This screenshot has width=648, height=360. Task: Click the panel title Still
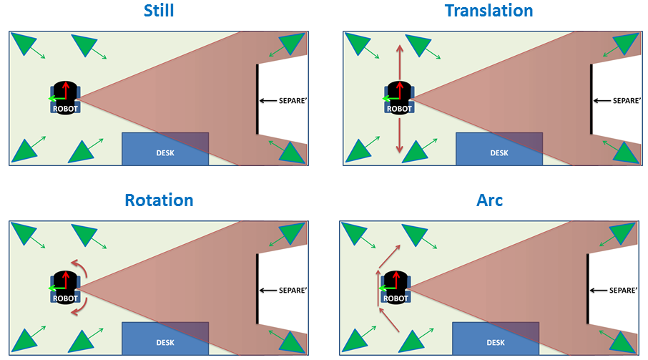click(159, 10)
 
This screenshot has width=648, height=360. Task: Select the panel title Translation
click(489, 10)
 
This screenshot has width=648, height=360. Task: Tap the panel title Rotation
click(159, 200)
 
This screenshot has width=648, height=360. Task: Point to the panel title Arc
click(490, 200)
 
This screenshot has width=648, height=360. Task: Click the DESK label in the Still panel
click(165, 153)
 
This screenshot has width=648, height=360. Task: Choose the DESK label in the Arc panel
click(496, 343)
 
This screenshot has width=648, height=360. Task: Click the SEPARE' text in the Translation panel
click(627, 100)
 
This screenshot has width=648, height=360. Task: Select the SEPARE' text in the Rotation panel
click(293, 290)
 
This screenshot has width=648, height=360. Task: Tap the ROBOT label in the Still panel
click(65, 109)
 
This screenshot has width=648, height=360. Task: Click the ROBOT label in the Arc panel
click(396, 298)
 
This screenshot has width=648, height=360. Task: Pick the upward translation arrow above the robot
click(400, 62)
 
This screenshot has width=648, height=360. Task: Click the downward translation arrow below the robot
click(399, 135)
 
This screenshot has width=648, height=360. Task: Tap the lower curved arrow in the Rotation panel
click(81, 307)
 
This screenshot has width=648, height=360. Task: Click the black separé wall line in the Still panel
click(257, 99)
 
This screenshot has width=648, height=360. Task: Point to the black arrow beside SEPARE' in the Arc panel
click(598, 290)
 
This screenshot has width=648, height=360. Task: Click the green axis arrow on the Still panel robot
click(57, 99)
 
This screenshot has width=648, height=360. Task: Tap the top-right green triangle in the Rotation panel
click(293, 233)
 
